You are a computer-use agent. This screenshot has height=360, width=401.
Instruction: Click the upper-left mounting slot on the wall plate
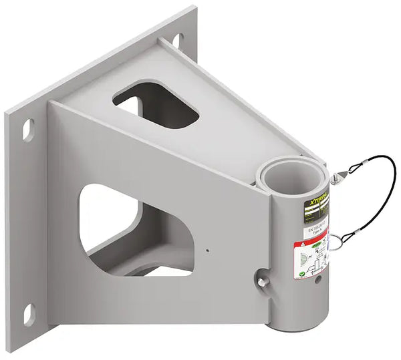(28, 129)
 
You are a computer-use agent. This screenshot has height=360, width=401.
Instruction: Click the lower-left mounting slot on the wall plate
(28, 314)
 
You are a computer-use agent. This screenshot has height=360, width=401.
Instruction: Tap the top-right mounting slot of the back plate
(178, 41)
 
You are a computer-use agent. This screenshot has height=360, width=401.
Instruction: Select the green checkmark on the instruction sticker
(303, 273)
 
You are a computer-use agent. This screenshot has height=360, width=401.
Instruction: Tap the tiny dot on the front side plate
(207, 251)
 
